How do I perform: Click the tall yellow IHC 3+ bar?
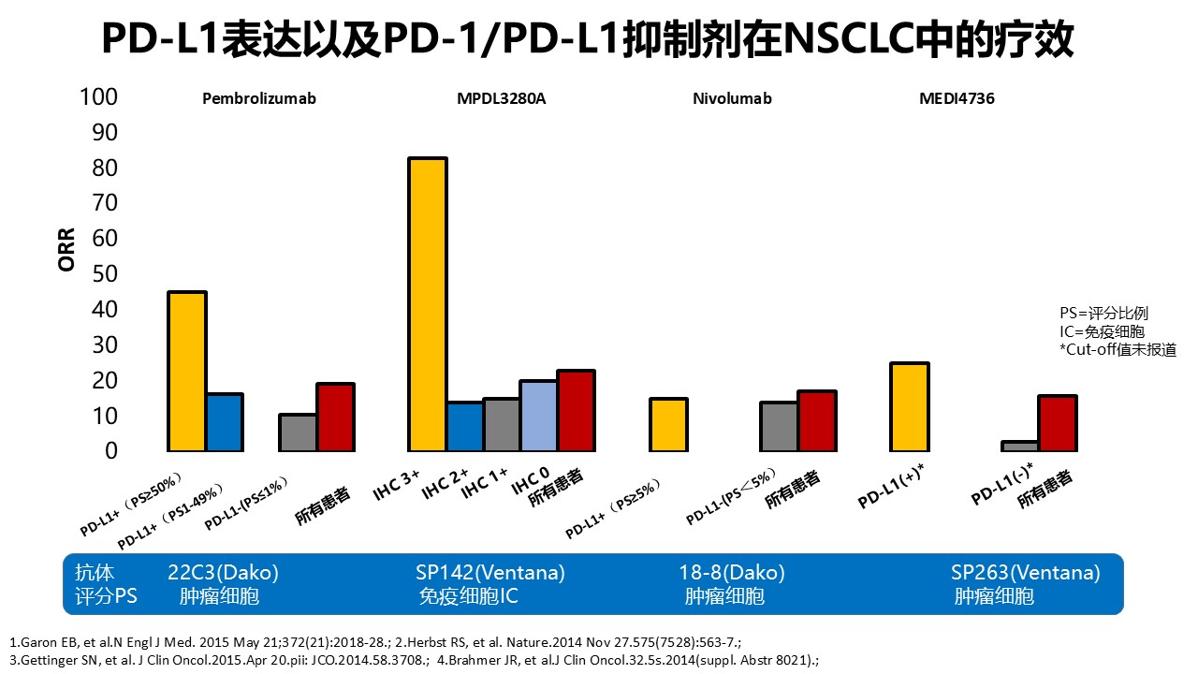tap(428, 304)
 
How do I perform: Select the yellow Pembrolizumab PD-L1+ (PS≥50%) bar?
tap(187, 372)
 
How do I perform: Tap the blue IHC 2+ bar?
tap(464, 427)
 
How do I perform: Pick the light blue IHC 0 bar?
tap(538, 416)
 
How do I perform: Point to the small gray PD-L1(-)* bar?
tap(1020, 446)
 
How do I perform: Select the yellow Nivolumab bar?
tap(668, 424)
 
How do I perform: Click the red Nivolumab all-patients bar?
tap(816, 420)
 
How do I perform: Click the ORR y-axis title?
tap(66, 250)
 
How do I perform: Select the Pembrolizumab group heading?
tap(259, 98)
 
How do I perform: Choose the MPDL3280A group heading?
tap(501, 98)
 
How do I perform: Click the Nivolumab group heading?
tap(733, 98)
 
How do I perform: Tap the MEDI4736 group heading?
tap(957, 98)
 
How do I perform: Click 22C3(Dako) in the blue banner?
tap(223, 573)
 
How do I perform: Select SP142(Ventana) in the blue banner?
tap(490, 573)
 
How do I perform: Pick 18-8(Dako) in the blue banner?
tap(732, 573)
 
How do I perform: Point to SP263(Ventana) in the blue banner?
tap(1026, 573)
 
